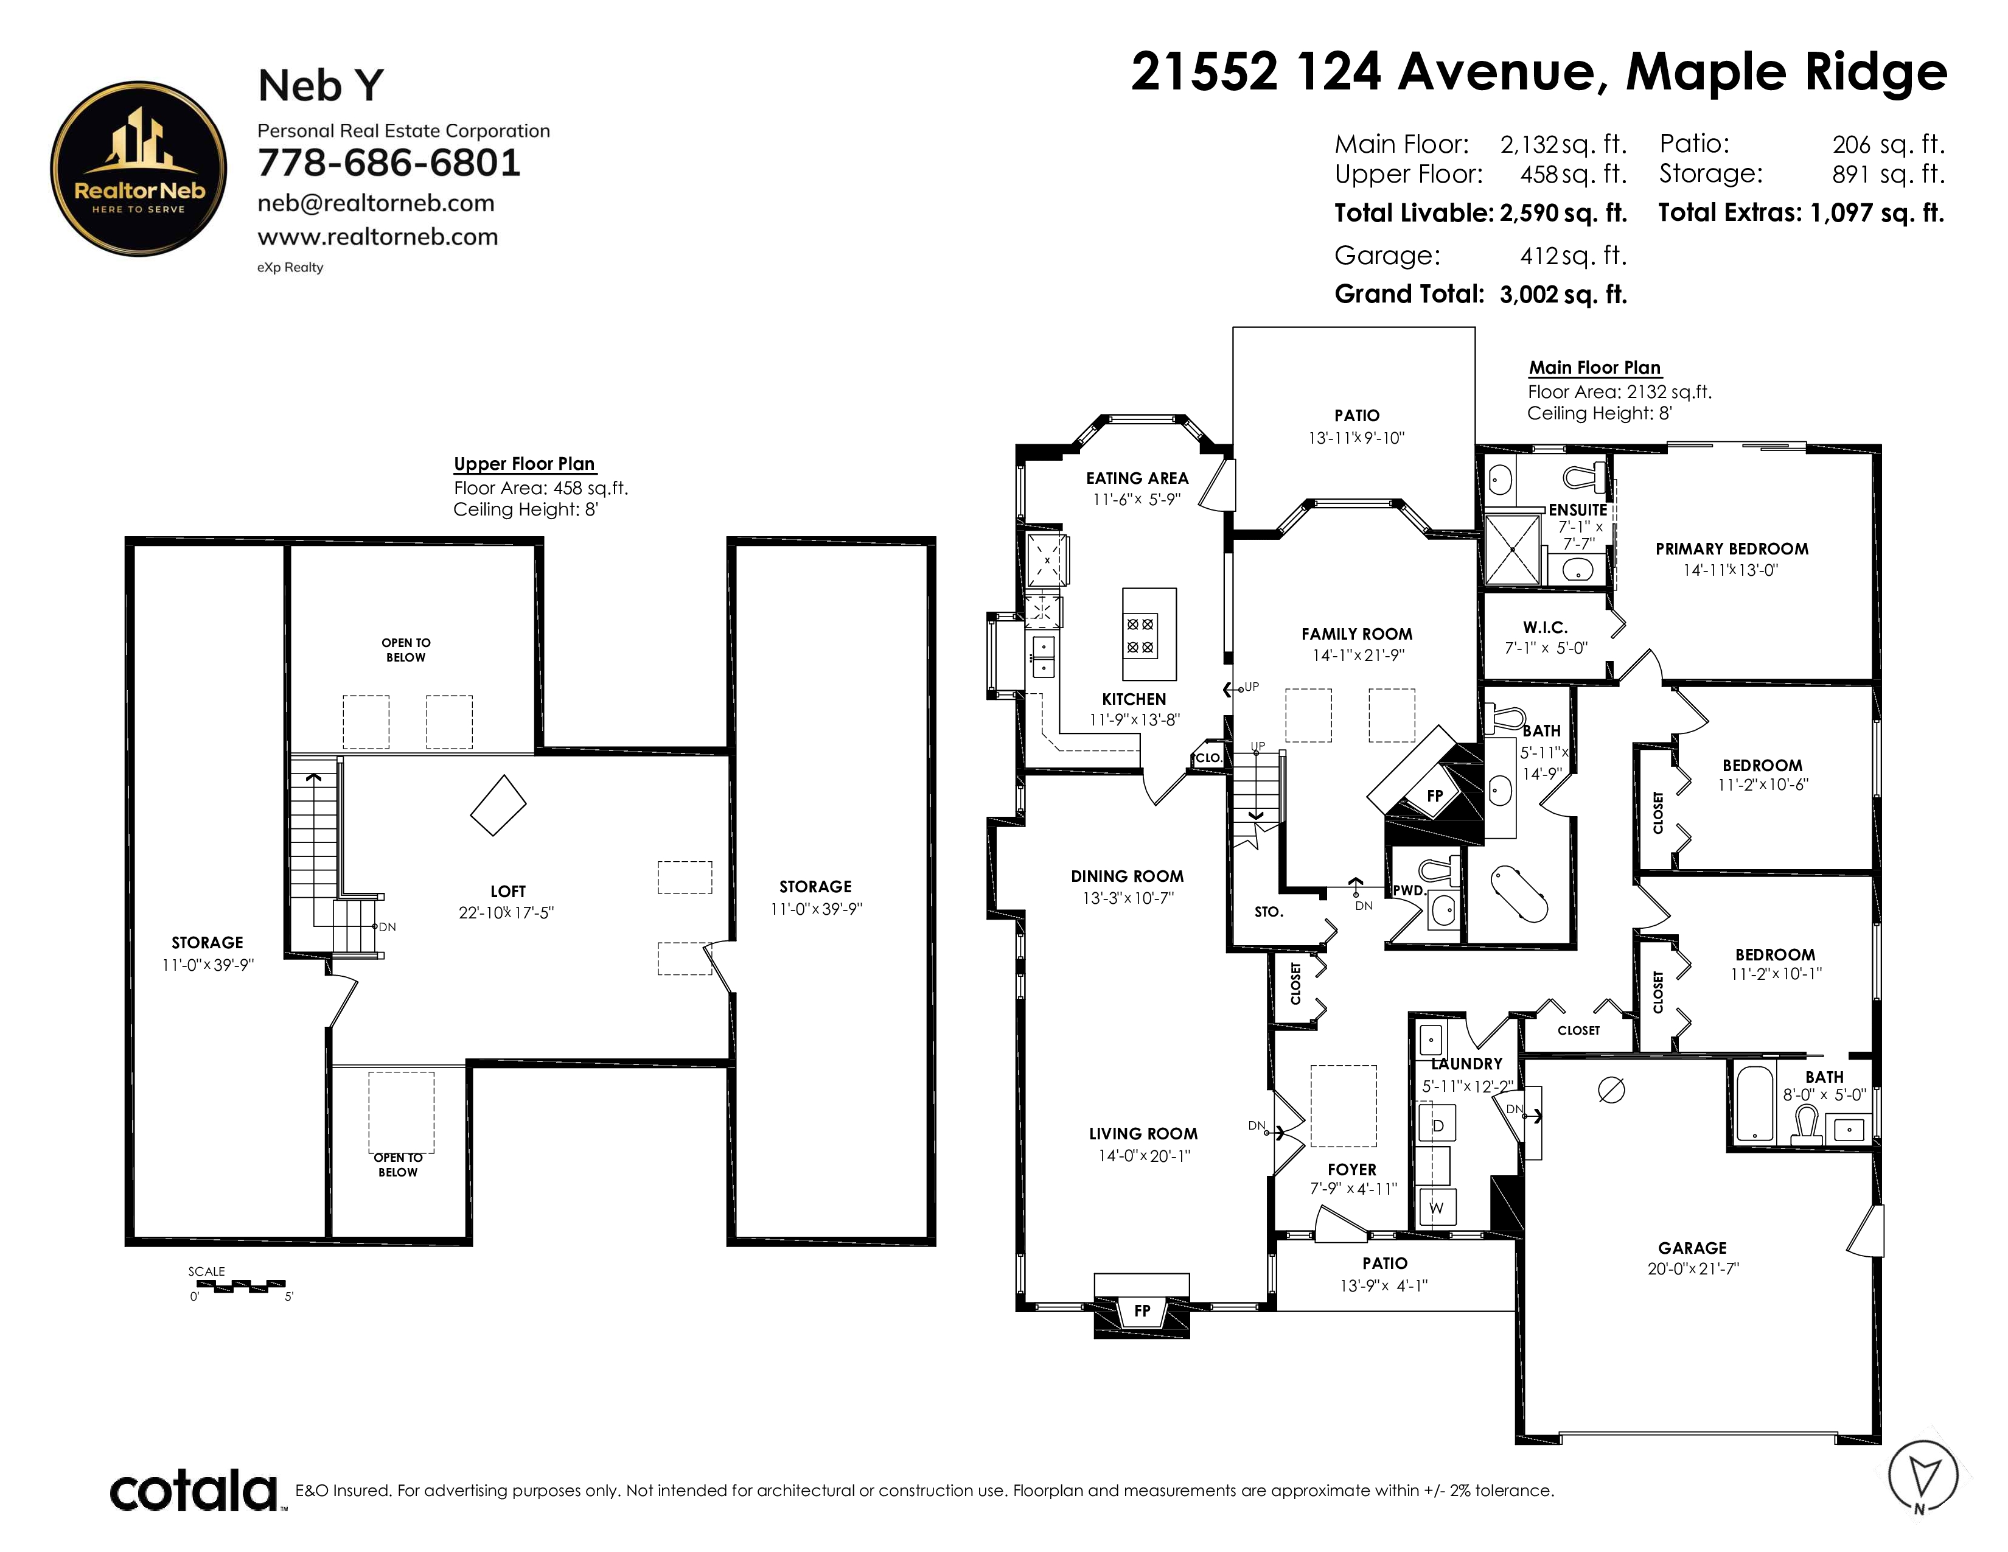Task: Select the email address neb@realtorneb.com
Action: [x=376, y=203]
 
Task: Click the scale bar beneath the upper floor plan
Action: [x=239, y=1285]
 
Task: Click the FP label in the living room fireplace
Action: [x=1142, y=1310]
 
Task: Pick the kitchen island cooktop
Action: [x=1140, y=635]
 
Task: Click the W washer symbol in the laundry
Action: [x=1436, y=1208]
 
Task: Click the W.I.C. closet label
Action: [x=1544, y=627]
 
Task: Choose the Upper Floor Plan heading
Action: [x=524, y=463]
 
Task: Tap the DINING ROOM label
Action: [x=1127, y=876]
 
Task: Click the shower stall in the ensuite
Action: [x=1511, y=549]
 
